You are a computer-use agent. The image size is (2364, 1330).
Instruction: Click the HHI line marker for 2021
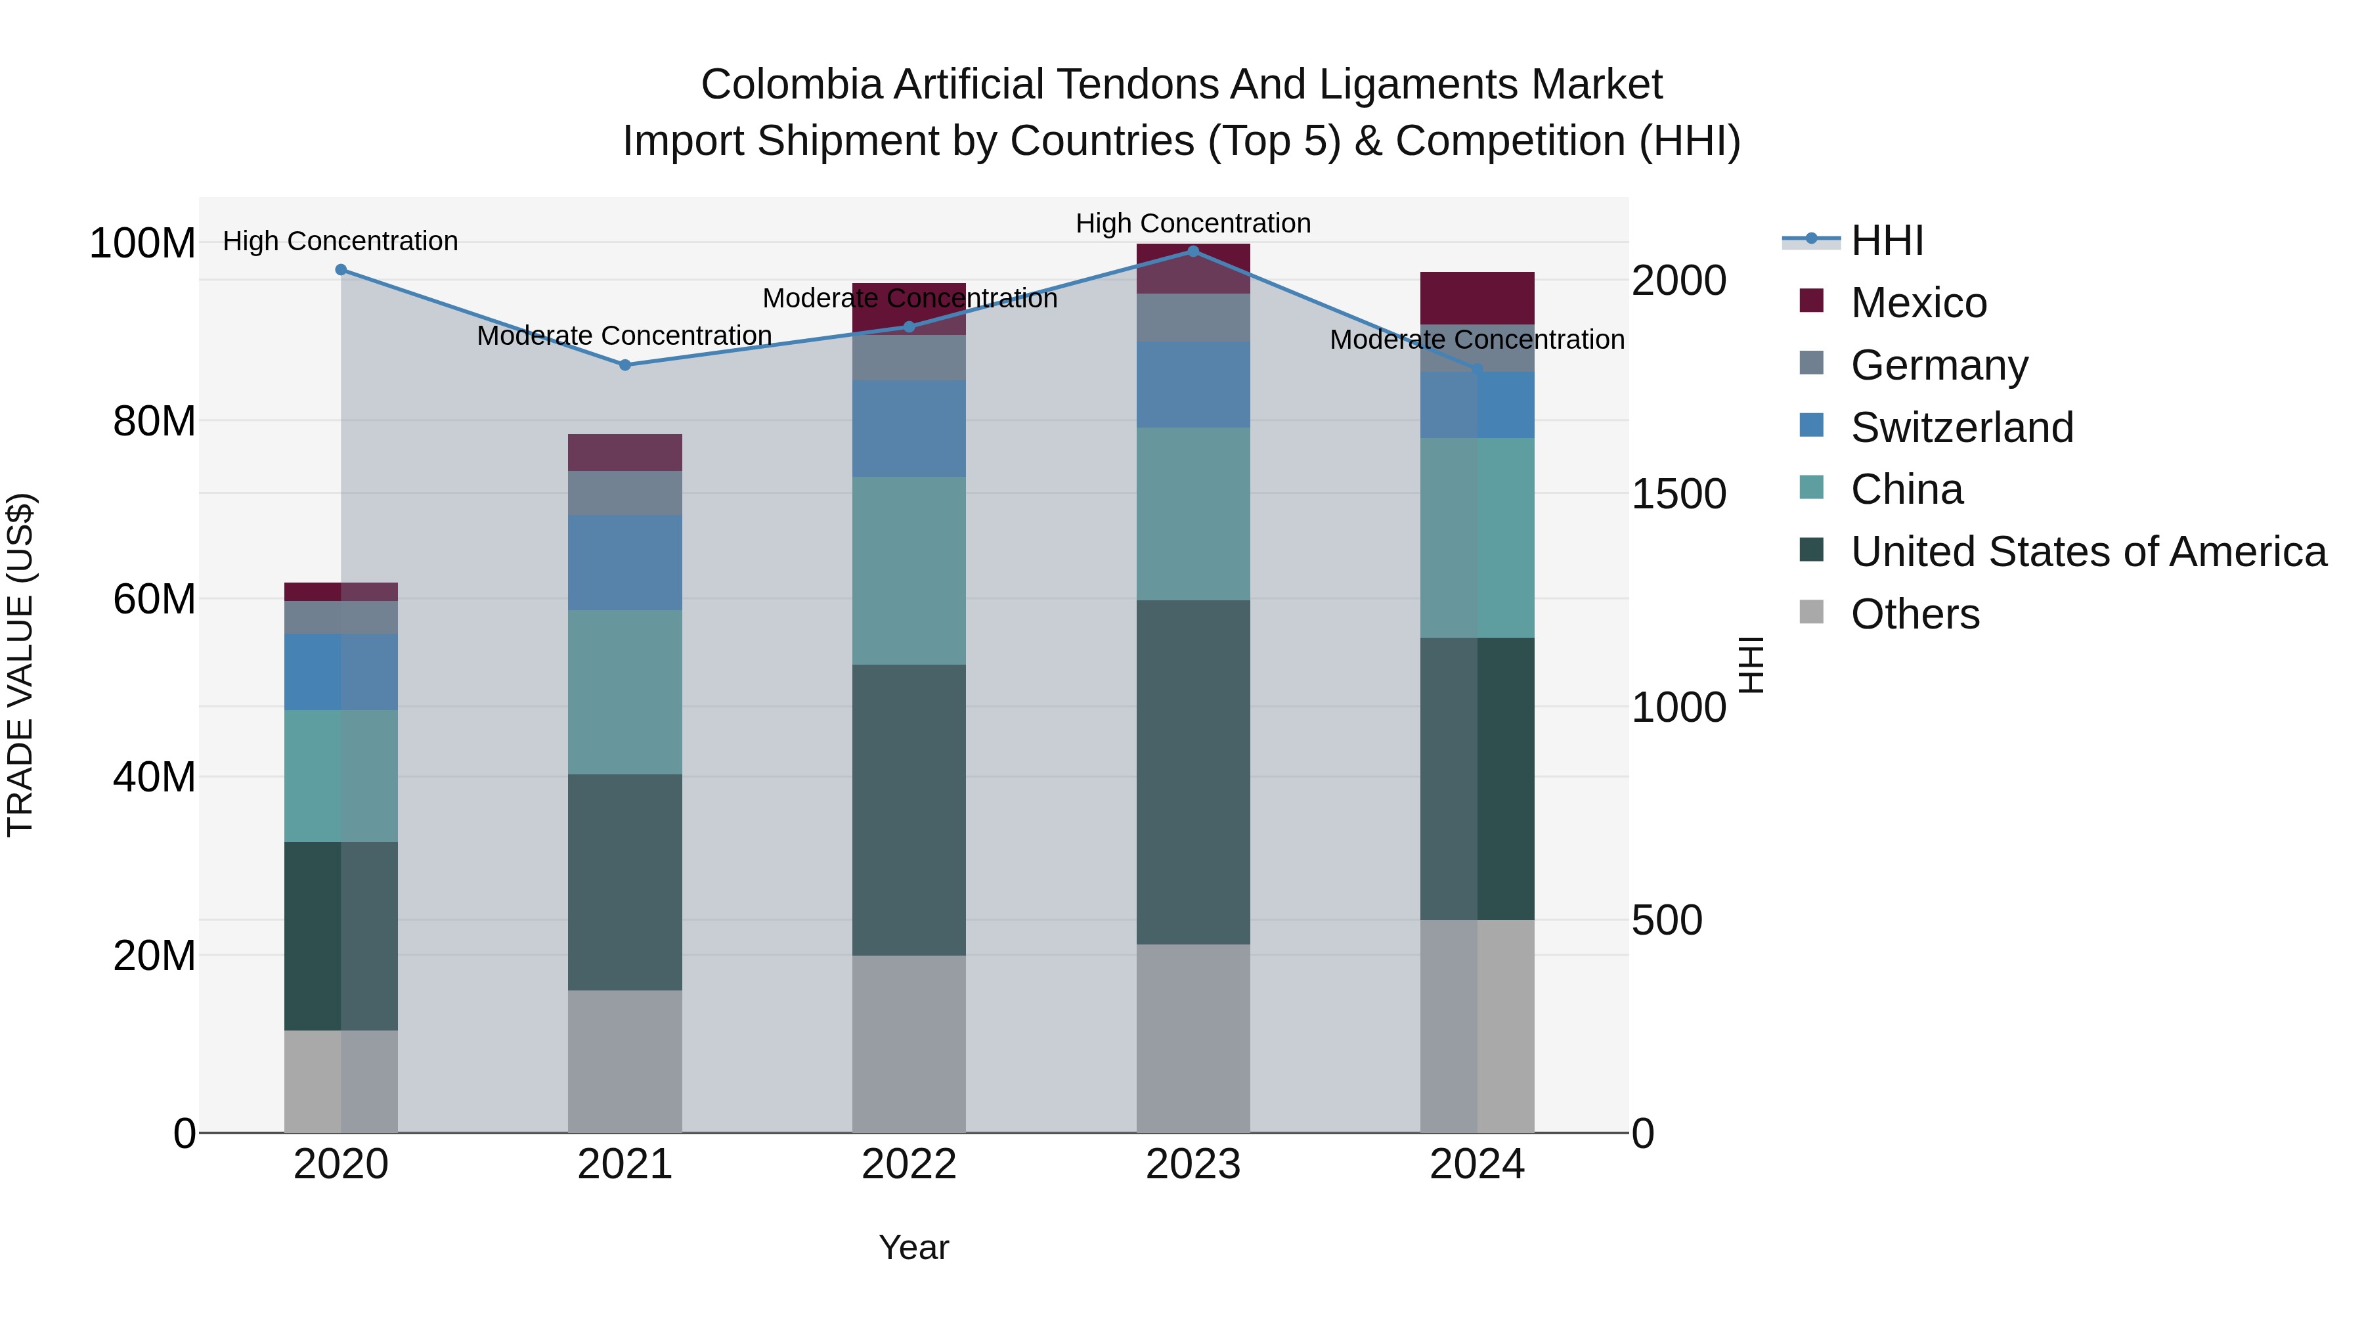tap(625, 365)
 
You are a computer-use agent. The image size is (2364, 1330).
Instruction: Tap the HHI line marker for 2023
tap(1193, 251)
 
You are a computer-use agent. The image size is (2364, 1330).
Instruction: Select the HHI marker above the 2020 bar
tap(340, 270)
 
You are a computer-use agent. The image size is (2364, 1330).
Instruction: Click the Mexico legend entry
tap(1918, 303)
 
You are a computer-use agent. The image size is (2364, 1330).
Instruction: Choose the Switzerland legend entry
tap(1961, 428)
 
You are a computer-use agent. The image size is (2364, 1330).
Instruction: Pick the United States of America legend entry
tap(2088, 552)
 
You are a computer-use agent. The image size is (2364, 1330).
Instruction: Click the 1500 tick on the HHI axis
tap(1678, 494)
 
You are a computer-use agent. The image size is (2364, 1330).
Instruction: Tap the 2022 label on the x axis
tap(909, 1164)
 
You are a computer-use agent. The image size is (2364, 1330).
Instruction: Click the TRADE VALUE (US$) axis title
tap(20, 665)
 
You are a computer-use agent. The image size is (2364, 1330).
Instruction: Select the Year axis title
tap(913, 1247)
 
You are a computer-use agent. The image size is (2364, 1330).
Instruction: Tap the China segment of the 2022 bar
tap(909, 570)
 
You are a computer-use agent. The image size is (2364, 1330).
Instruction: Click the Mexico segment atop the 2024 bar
tap(1477, 298)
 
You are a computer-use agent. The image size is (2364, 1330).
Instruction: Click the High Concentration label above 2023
tap(1193, 223)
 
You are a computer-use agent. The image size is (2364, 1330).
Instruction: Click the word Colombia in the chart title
tap(793, 85)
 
